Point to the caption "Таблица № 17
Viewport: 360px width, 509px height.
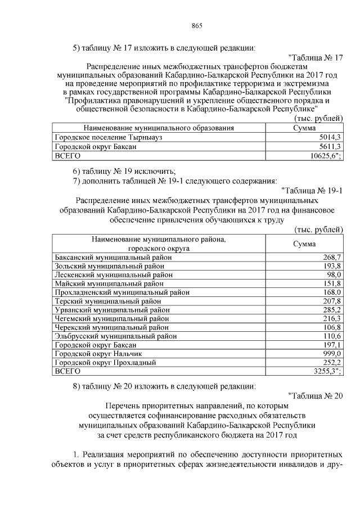314,57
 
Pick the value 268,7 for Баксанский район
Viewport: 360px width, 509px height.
331,257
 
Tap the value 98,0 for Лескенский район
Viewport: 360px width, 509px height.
334,274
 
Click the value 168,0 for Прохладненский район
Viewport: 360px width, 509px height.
331,292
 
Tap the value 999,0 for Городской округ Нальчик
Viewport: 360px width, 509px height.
331,354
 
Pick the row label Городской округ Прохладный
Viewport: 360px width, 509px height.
104,363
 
